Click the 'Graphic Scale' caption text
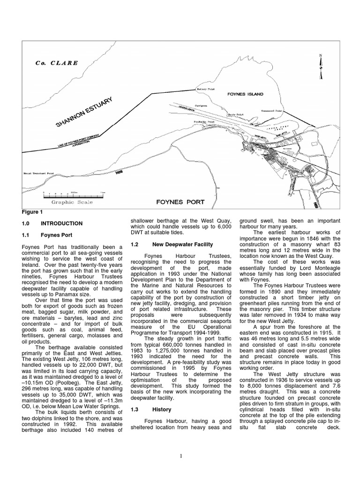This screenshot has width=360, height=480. [x=72, y=202]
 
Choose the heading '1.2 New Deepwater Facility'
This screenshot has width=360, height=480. [x=172, y=244]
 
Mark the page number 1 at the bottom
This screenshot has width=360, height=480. [x=180, y=455]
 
